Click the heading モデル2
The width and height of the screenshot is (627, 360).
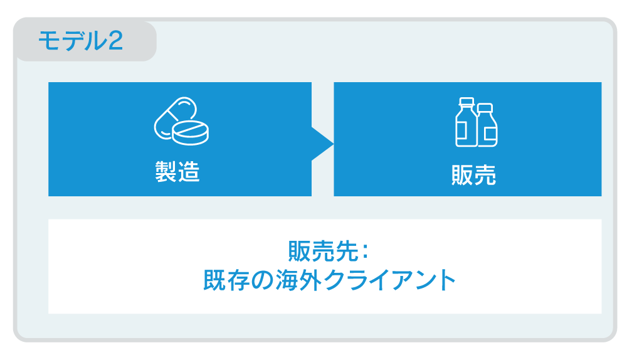click(x=80, y=41)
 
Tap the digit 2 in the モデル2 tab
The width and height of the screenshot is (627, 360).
click(x=115, y=41)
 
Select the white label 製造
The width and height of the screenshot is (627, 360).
click(x=177, y=172)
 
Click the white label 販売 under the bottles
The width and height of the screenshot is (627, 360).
click(x=473, y=175)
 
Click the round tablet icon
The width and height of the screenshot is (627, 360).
click(x=191, y=132)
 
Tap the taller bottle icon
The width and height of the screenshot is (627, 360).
click(x=466, y=122)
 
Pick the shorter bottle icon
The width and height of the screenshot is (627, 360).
click(x=487, y=125)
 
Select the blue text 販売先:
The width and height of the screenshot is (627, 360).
click(x=328, y=251)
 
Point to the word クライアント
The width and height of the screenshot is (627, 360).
click(x=390, y=280)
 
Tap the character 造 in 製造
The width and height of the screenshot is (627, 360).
click(x=189, y=172)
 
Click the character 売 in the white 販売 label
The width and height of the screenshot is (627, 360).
click(x=485, y=175)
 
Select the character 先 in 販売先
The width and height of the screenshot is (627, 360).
click(x=347, y=251)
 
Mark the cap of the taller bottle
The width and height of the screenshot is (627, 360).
click(x=466, y=102)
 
